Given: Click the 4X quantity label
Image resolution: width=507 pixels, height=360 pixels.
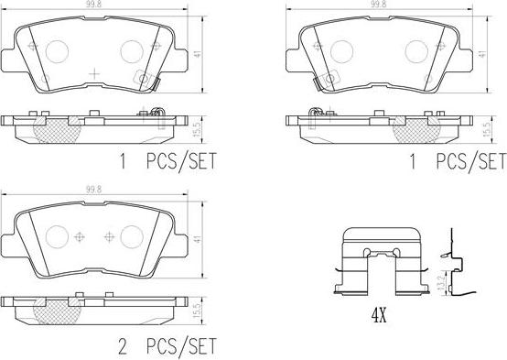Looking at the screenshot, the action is coord(379,315).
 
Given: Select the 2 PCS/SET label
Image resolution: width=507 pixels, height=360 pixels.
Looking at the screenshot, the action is coord(167,346).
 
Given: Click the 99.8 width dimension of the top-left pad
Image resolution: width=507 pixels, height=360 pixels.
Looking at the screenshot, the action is coord(93,5).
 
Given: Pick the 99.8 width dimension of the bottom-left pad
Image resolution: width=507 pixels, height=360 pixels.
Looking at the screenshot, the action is coord(93,190).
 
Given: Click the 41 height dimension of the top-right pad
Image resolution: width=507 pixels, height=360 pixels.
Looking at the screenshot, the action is coord(482,54).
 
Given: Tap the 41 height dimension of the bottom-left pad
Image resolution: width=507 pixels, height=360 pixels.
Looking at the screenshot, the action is coord(197,240).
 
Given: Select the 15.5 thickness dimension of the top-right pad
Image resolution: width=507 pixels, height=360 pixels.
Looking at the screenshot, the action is coord(487,129).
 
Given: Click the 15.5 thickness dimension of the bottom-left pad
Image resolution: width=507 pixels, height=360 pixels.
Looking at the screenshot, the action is coord(197,311).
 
